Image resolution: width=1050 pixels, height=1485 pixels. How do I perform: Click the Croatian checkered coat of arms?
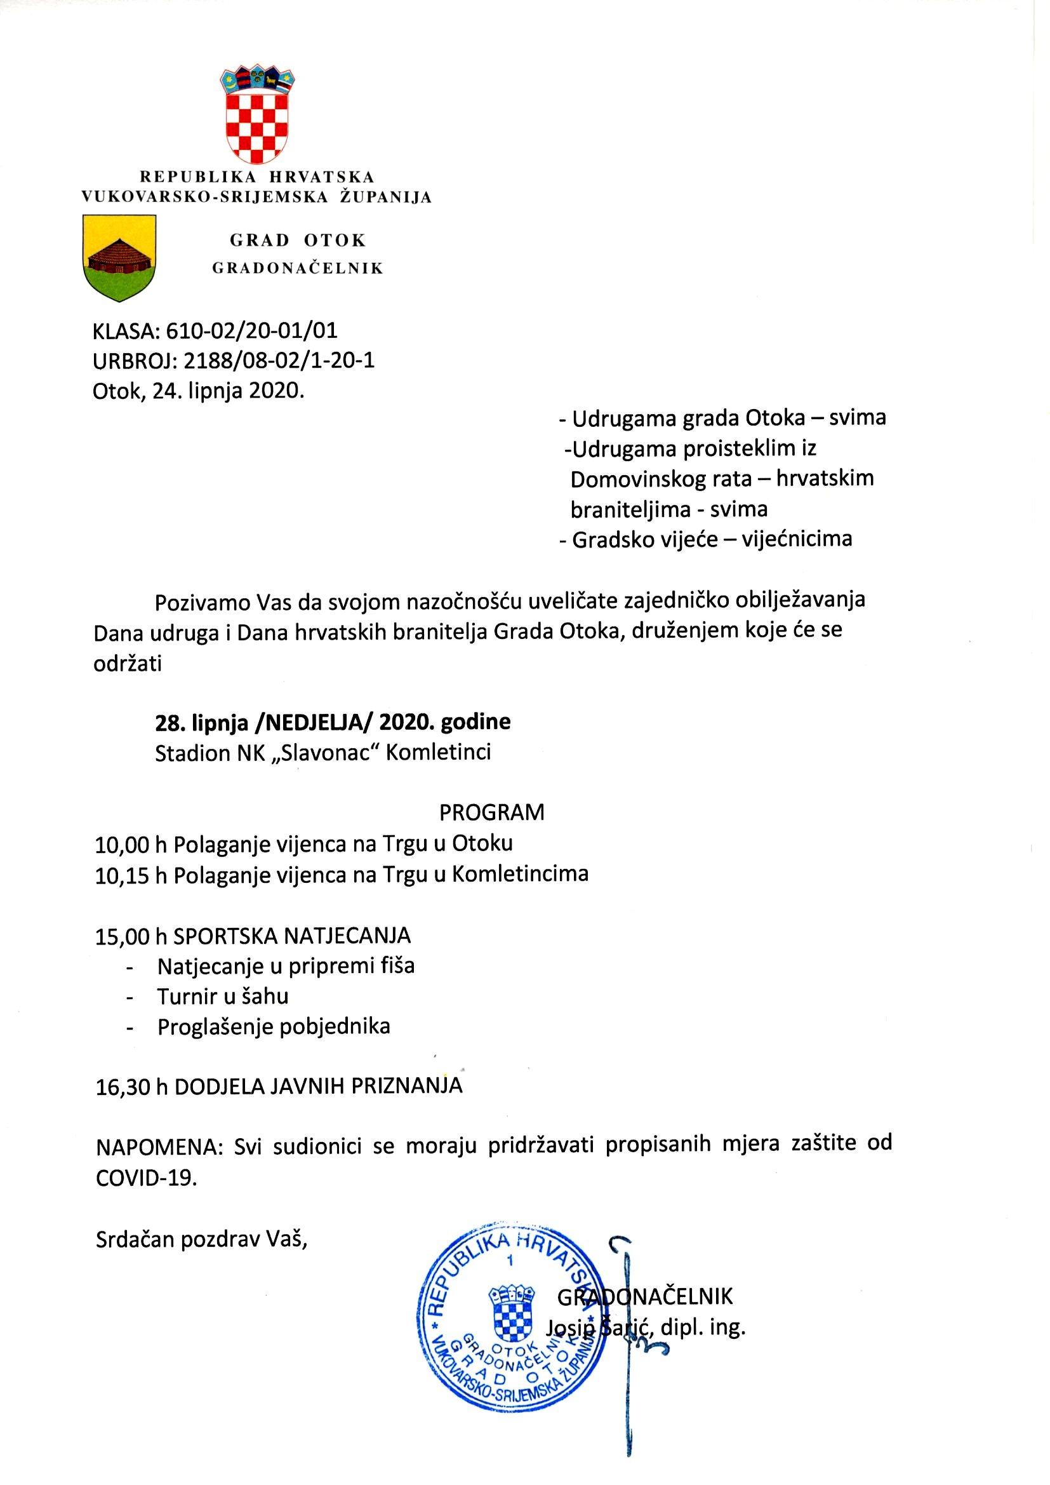pyautogui.click(x=256, y=114)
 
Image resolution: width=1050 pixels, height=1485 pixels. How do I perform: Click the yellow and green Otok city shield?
pyautogui.click(x=119, y=257)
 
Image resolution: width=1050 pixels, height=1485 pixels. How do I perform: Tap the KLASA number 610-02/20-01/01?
pyautogui.click(x=251, y=331)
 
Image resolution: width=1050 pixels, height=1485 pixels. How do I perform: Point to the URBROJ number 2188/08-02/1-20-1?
pyautogui.click(x=279, y=360)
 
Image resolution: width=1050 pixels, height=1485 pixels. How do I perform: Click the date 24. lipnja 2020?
pyautogui.click(x=228, y=391)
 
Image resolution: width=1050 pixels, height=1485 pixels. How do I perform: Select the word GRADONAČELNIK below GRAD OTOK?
pyautogui.click(x=297, y=269)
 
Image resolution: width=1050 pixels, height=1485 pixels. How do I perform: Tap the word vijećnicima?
pyautogui.click(x=797, y=539)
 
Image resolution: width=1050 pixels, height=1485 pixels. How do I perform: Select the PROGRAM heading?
pyautogui.click(x=491, y=812)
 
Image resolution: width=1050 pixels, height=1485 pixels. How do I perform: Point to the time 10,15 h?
pyautogui.click(x=131, y=876)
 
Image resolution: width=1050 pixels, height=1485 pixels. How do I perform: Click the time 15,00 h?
pyautogui.click(x=131, y=936)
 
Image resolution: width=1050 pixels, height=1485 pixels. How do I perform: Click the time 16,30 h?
pyautogui.click(x=132, y=1086)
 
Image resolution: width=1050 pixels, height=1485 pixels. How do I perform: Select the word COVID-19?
pyautogui.click(x=145, y=1178)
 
